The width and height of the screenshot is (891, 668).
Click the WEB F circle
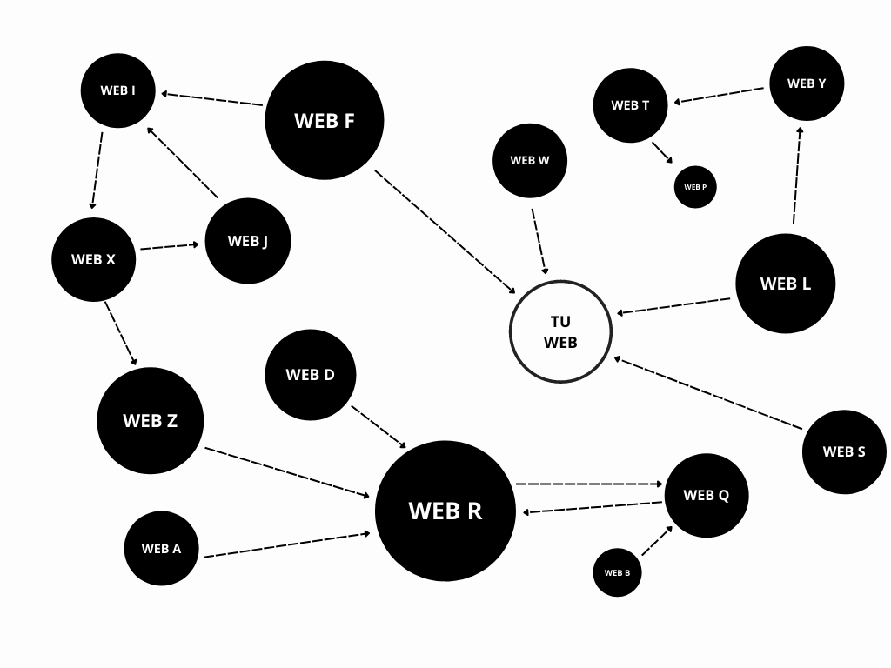(325, 120)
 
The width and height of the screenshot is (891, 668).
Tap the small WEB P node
(695, 187)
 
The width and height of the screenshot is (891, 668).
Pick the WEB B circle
(617, 572)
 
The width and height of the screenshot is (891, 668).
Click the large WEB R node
(445, 511)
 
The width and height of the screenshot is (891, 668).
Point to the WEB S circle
(844, 451)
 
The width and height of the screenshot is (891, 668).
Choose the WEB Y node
(807, 83)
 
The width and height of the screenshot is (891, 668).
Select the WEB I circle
(118, 90)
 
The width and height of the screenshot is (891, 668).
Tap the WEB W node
(530, 161)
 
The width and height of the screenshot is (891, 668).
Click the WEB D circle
(311, 375)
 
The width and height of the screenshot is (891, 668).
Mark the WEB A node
(161, 548)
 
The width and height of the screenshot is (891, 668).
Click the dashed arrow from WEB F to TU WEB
(445, 231)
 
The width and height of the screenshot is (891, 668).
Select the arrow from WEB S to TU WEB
(708, 393)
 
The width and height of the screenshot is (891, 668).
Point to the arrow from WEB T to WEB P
(662, 152)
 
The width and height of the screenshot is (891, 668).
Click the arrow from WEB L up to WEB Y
(797, 176)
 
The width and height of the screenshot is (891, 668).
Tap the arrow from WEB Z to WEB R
(287, 472)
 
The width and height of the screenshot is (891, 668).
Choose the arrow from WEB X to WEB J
(170, 246)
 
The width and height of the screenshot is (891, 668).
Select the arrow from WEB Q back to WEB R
(593, 507)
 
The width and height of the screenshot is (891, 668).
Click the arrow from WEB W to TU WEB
(539, 242)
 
